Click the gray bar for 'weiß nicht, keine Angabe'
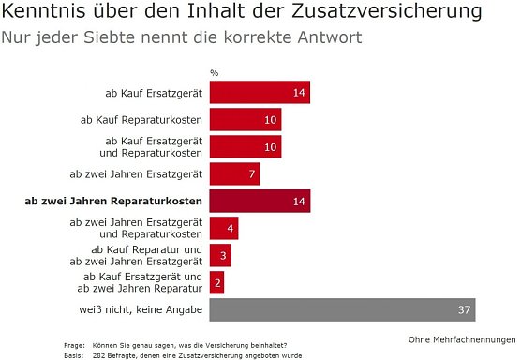343,309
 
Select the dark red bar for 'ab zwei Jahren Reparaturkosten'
260,201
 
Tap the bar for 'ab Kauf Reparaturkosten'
246,120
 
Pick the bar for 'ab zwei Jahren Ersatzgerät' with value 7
234,174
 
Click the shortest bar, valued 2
216,282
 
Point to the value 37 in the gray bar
464,310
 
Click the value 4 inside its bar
231,229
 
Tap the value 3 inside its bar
223,256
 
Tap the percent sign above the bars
214,72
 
